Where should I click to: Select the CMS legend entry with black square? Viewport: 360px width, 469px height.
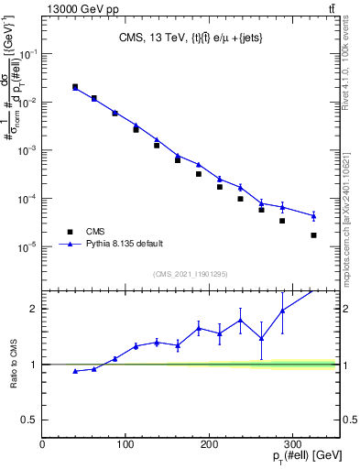coord(92,232)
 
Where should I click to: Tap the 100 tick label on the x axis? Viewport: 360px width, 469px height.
coord(125,444)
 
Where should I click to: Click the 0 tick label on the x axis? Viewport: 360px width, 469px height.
coord(43,444)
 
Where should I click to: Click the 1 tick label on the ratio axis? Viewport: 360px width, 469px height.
coord(34,365)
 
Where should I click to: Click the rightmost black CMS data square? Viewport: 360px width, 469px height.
coord(314,235)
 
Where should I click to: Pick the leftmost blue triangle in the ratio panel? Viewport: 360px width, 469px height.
coord(75,371)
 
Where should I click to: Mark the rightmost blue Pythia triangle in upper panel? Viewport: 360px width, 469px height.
coord(314,216)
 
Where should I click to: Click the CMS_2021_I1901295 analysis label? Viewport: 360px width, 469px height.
coord(191,274)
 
